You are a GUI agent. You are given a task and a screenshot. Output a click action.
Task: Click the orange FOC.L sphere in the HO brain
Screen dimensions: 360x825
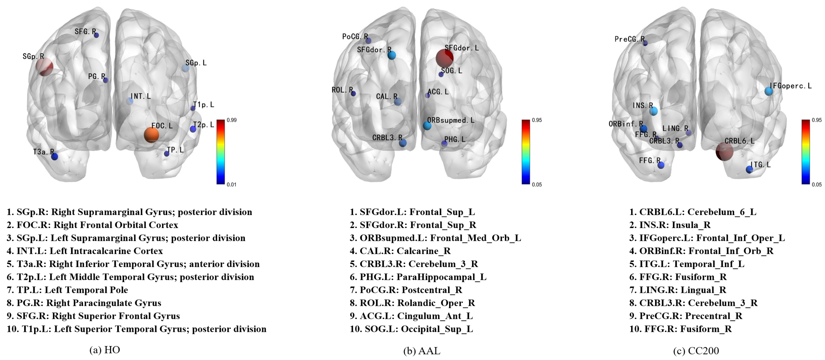point(151,135)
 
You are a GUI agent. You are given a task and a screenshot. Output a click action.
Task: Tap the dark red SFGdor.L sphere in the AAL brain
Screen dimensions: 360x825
point(444,58)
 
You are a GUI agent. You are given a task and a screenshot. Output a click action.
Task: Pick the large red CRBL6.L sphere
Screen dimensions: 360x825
point(724,151)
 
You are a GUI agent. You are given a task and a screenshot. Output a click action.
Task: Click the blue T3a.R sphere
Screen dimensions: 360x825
point(55,157)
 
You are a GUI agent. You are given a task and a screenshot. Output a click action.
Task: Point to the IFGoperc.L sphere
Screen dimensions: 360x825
point(769,91)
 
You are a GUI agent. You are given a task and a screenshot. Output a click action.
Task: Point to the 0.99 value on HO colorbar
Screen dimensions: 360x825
point(231,120)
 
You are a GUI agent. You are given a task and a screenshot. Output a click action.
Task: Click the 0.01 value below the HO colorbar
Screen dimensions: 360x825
point(231,184)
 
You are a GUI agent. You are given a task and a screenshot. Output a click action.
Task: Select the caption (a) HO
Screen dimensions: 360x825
point(105,350)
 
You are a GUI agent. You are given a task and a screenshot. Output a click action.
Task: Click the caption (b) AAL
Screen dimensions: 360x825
point(422,351)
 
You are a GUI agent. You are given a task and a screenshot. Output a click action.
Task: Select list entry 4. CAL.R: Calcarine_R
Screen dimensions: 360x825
point(400,251)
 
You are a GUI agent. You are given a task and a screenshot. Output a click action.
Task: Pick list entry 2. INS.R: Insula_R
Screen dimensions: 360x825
point(670,225)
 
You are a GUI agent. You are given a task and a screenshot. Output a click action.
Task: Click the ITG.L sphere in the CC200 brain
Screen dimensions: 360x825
point(749,169)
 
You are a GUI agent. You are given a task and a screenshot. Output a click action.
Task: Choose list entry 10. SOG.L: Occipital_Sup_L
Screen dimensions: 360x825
point(411,329)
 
